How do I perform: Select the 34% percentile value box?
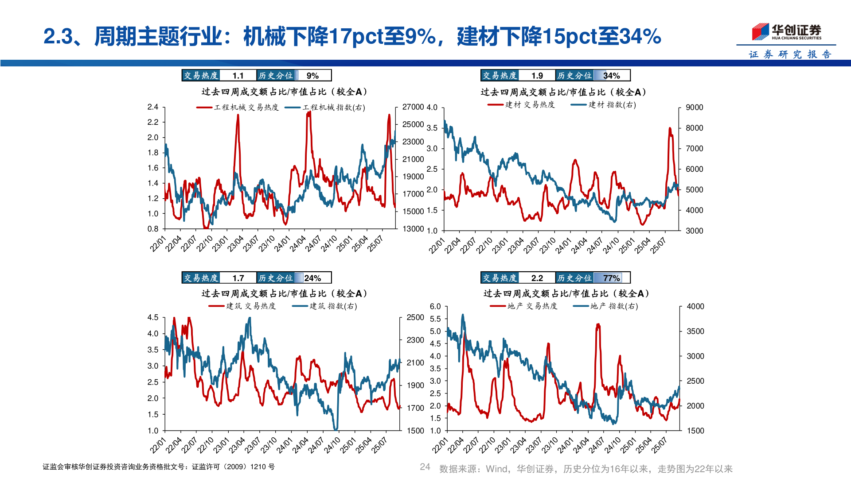[611, 76]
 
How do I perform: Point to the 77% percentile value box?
[611, 278]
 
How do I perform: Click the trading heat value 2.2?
[537, 278]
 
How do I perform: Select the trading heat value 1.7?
[238, 278]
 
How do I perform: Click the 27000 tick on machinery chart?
[413, 107]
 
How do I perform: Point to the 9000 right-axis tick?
[694, 108]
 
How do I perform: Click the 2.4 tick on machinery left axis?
[153, 107]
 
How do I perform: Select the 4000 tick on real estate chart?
[695, 306]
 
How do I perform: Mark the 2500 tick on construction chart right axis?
[415, 317]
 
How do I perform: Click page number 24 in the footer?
[425, 467]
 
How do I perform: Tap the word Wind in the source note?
[496, 469]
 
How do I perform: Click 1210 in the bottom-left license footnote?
[258, 467]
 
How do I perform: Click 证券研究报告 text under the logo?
[790, 54]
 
